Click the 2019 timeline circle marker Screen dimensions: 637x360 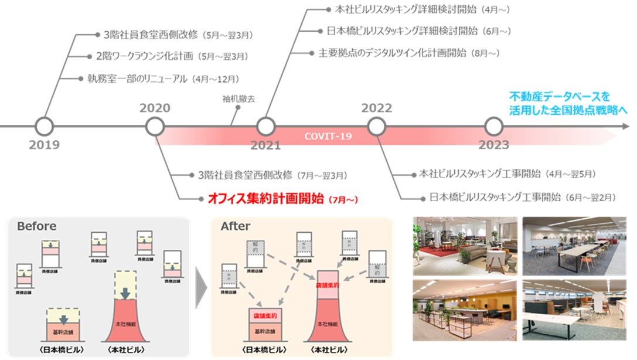(45, 125)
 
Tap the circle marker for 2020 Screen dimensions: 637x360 (155, 125)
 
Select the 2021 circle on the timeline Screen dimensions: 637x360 (266, 125)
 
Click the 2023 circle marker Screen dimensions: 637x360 (494, 125)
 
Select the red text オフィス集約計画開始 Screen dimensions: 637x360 (266, 199)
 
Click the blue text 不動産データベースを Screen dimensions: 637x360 (560, 96)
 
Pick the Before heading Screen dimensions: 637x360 (36, 226)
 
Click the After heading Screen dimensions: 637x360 (235, 226)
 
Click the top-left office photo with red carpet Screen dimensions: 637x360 (465, 245)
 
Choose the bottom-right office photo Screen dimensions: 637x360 (574, 310)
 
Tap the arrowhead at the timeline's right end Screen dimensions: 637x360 (626, 125)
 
